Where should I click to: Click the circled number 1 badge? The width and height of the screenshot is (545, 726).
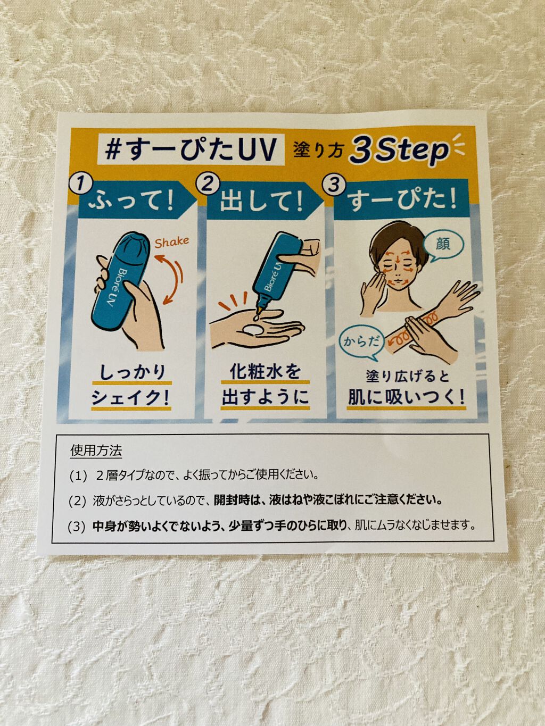[79, 184]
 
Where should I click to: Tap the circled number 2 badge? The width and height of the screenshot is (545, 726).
[207, 183]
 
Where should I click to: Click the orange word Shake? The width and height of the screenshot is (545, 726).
[172, 242]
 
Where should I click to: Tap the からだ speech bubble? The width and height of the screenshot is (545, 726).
[361, 343]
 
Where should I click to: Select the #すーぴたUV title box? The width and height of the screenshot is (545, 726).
[191, 149]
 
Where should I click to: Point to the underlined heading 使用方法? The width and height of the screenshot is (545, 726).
[96, 450]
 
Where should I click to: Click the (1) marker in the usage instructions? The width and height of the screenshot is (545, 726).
[78, 475]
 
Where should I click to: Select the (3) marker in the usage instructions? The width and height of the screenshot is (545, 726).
[77, 527]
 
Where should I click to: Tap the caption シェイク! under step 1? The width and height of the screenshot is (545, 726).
[131, 397]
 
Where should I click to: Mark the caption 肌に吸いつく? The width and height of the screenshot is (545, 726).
[406, 397]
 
